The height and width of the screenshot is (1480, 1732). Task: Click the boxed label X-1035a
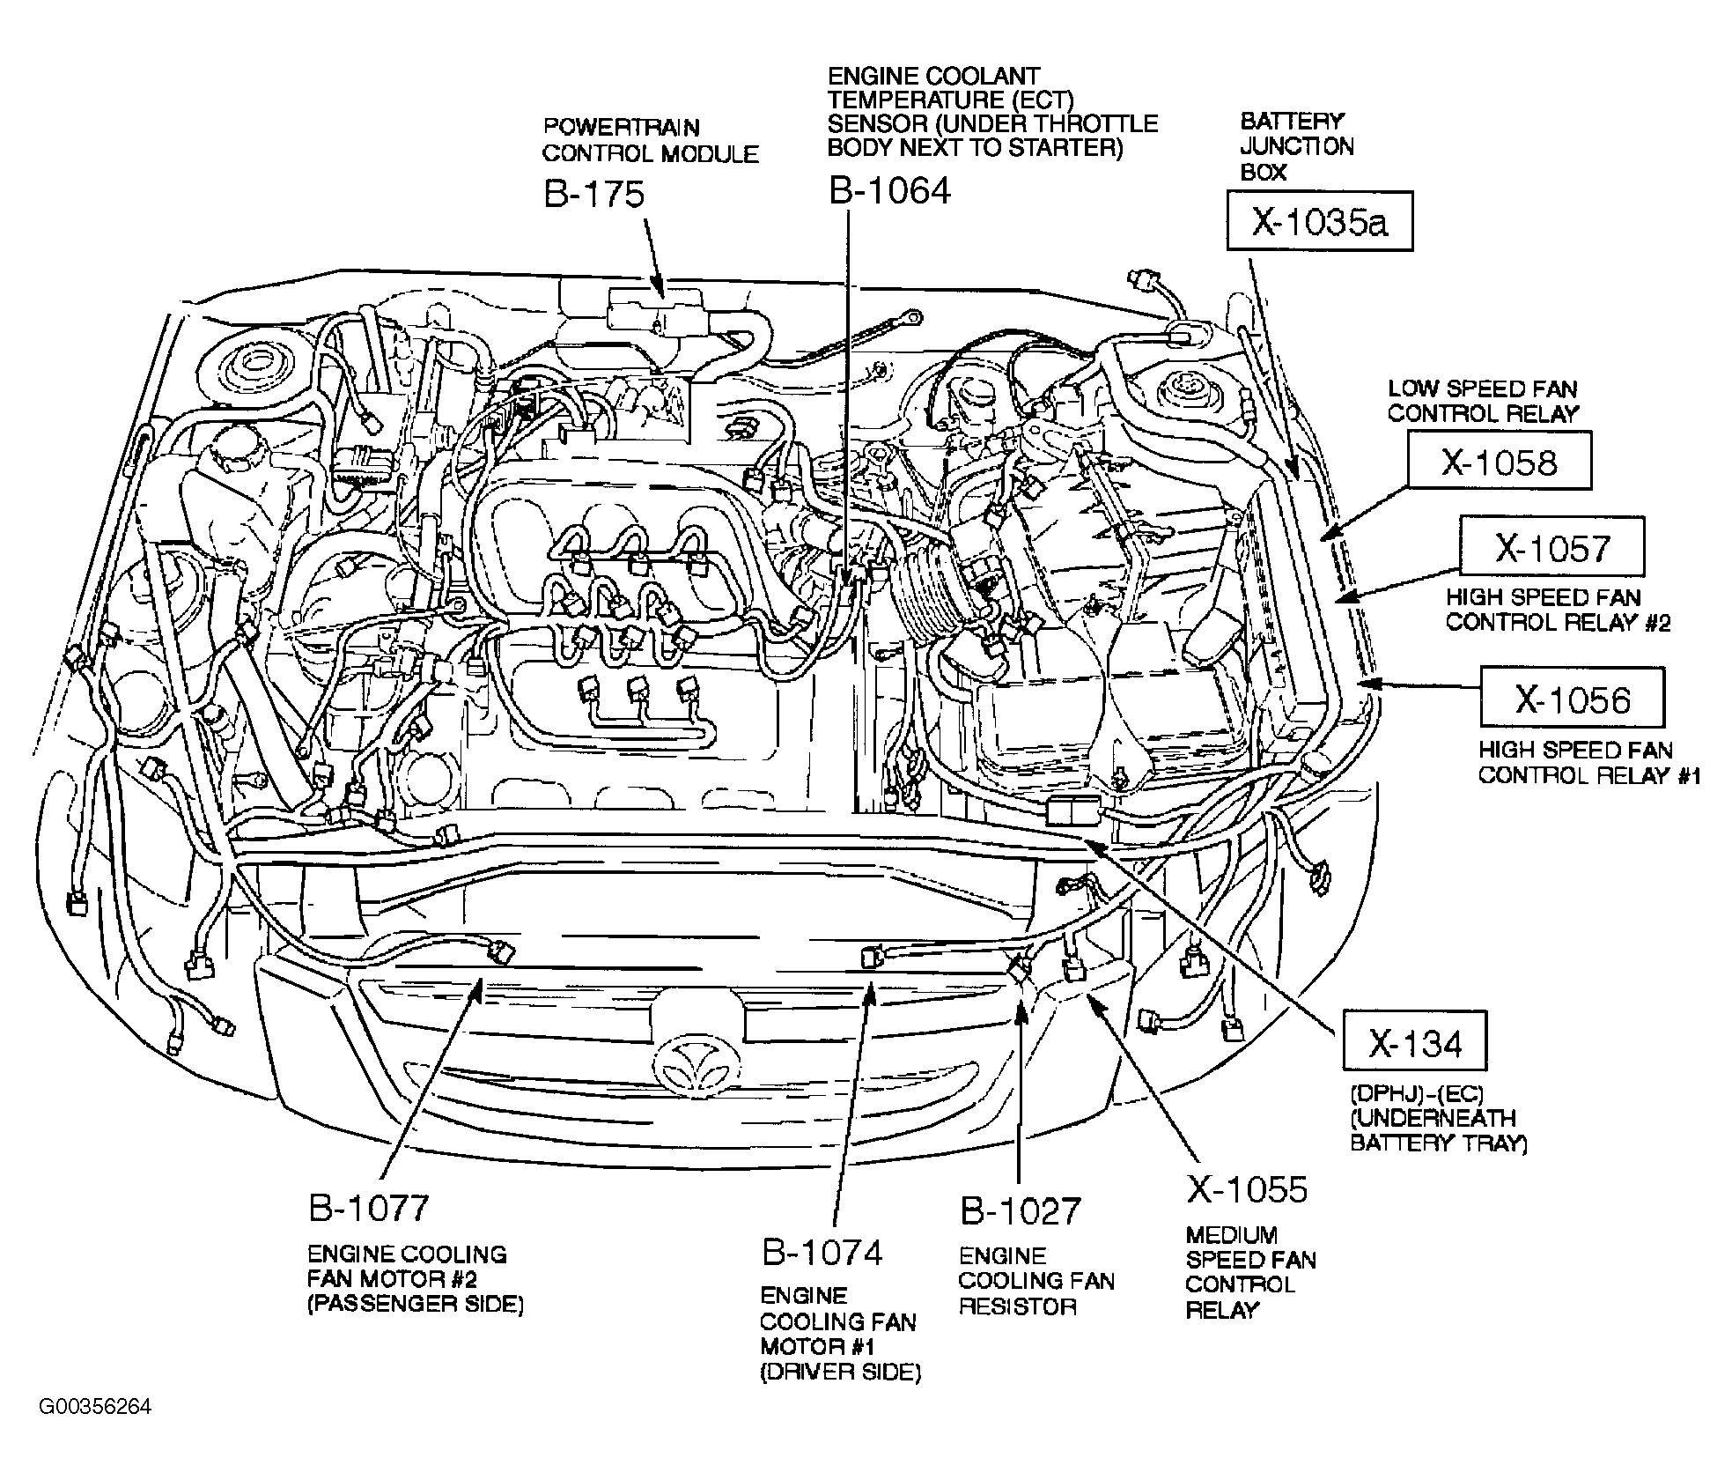click(x=1319, y=221)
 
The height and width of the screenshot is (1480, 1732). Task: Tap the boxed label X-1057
click(x=1551, y=547)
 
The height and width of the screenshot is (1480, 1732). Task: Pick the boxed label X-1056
click(x=1572, y=698)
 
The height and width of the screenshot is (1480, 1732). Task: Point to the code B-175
click(x=594, y=194)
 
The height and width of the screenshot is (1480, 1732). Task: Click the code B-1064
click(x=889, y=191)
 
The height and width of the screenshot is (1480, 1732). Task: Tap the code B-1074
click(x=822, y=1253)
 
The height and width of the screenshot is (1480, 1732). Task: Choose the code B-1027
click(x=1020, y=1211)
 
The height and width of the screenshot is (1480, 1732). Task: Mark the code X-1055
click(x=1247, y=1189)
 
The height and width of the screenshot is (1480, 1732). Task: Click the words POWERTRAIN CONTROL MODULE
click(x=650, y=140)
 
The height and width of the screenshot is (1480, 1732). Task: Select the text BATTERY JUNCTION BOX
click(x=1296, y=146)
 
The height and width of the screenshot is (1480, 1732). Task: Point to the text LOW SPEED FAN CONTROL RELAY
click(x=1483, y=401)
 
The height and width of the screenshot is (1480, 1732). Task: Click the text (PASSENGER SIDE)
click(x=416, y=1304)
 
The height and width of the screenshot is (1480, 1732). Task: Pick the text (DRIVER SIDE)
click(x=841, y=1373)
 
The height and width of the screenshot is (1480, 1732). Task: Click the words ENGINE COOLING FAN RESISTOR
click(x=1036, y=1281)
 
